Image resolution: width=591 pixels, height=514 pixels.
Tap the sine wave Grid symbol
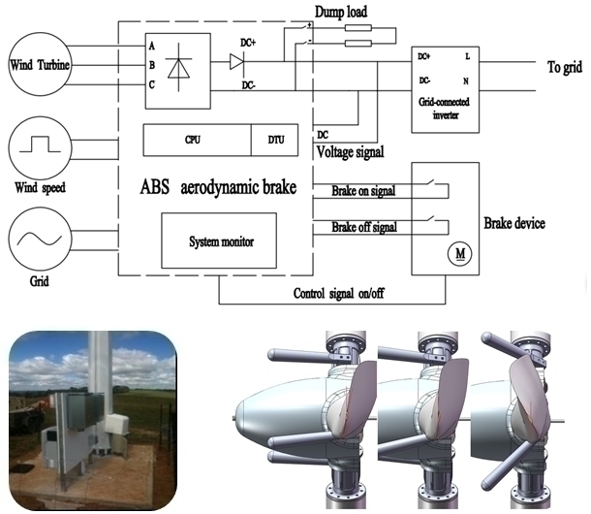point(40,239)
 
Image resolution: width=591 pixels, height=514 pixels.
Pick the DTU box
point(275,140)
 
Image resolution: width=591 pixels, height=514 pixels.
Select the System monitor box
point(219,241)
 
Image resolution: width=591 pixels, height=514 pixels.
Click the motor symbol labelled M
point(459,253)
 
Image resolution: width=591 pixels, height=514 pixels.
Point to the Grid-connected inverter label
point(445,109)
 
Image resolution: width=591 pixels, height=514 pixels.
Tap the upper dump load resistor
point(358,28)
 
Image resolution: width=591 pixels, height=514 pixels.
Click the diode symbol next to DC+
point(236,61)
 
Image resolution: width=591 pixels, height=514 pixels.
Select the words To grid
point(564,67)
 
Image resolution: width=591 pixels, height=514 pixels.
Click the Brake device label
point(514,223)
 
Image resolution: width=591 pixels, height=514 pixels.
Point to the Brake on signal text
point(363,191)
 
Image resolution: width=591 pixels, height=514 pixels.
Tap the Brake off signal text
point(364,227)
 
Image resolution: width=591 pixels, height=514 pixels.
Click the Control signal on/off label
point(338,293)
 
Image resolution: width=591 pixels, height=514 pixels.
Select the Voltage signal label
point(350,152)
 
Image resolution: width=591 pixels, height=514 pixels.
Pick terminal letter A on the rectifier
point(151,46)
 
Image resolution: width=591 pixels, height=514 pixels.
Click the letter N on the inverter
point(466,81)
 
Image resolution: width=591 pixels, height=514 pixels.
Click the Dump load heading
point(341,12)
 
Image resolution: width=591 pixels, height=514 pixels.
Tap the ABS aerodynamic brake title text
point(218,187)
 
